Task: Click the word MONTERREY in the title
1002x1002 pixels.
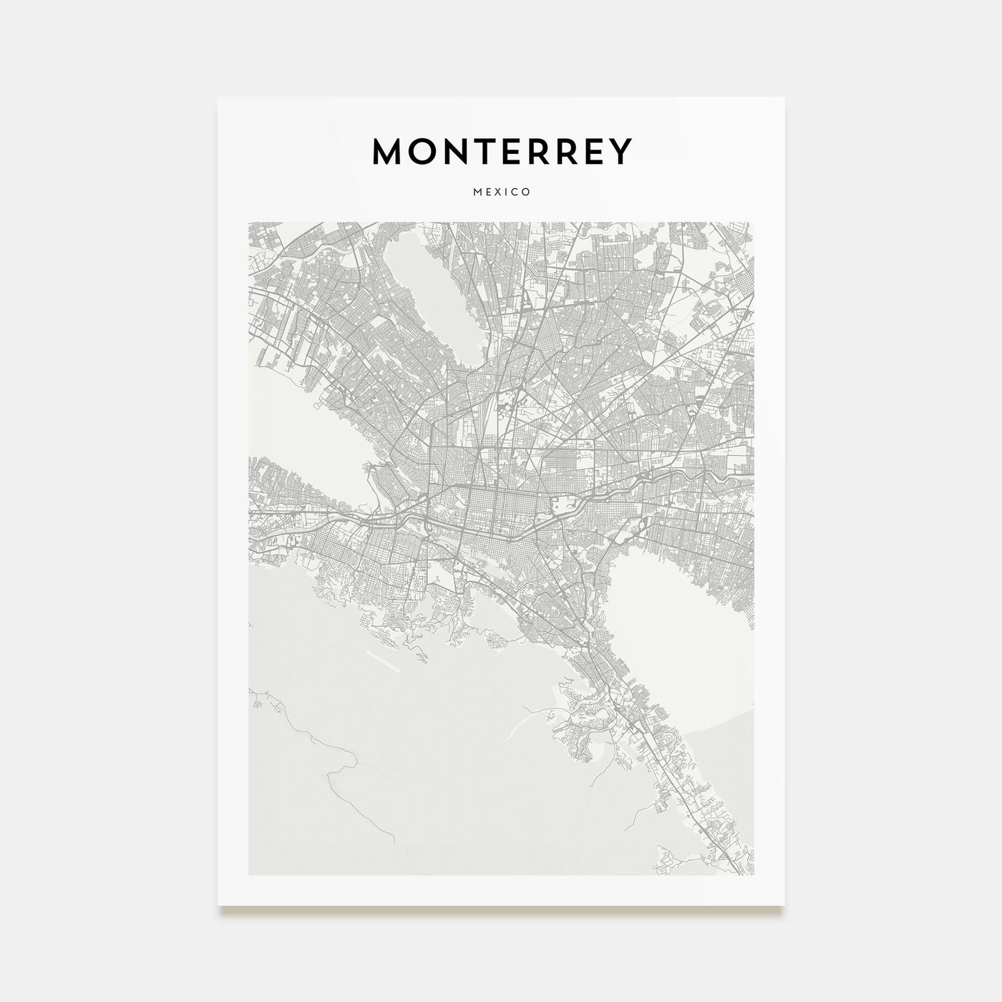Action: tap(502, 151)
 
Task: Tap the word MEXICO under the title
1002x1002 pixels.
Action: tap(502, 192)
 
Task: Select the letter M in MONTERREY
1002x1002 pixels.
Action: tap(389, 151)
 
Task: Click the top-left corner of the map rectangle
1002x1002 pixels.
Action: tap(249, 223)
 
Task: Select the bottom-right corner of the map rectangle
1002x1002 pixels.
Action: tap(754, 874)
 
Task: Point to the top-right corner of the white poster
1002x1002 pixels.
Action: tap(784, 98)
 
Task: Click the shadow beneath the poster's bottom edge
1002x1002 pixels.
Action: tap(501, 910)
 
